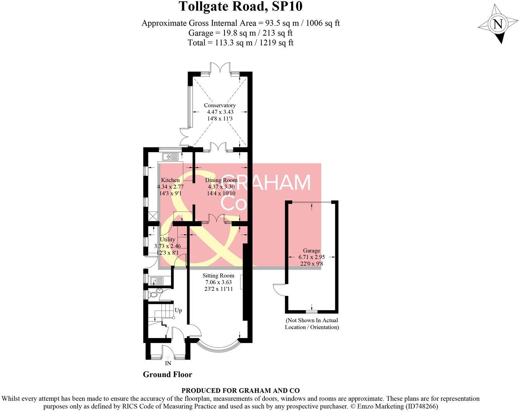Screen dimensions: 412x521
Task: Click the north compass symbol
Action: tap(498, 24)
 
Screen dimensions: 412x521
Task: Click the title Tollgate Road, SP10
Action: tap(240, 7)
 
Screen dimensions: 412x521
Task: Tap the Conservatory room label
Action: tap(220, 105)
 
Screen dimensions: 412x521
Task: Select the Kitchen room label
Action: tap(170, 180)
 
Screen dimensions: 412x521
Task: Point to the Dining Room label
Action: tap(221, 180)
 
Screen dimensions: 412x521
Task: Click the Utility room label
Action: tap(167, 239)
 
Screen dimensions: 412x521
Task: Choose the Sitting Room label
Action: tap(218, 276)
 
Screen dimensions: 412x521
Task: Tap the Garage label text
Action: tap(311, 251)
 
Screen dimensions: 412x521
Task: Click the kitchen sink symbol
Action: tap(171, 156)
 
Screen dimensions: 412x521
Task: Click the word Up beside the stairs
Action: tap(178, 311)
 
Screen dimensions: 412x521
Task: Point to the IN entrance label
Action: tap(168, 364)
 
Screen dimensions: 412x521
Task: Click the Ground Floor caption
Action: tap(167, 374)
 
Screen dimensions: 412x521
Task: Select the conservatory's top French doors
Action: tap(221, 68)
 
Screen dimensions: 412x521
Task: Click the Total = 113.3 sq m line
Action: tap(240, 43)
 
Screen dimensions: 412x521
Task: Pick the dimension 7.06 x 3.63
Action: tap(218, 282)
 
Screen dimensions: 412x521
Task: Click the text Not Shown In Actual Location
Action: tap(312, 324)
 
